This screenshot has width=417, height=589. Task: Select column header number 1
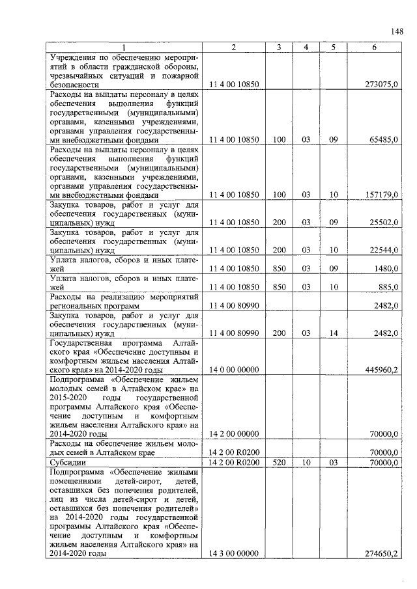pos(123,48)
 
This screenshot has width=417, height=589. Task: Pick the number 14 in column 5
pos(333,333)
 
